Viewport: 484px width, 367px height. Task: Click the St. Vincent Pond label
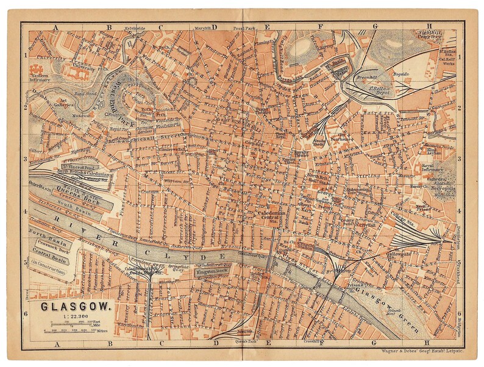(x=79, y=166)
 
